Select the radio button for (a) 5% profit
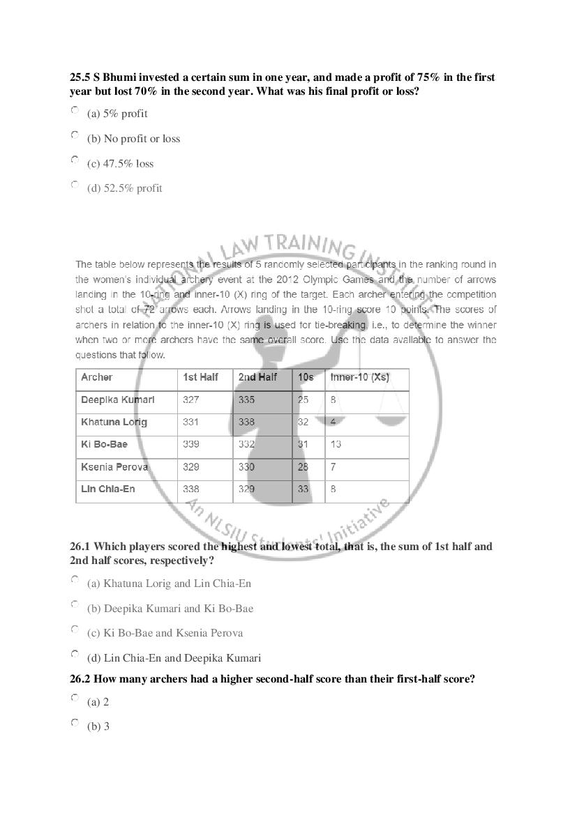[75, 110]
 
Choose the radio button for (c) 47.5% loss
[75, 160]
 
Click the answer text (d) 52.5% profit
[124, 188]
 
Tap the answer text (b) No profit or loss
[133, 139]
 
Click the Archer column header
[96, 377]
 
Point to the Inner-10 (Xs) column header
[359, 377]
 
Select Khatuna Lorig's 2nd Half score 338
[246, 422]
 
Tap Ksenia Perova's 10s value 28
[303, 467]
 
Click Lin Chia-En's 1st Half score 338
[190, 489]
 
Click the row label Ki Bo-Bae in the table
[104, 445]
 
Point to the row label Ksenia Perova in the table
[114, 467]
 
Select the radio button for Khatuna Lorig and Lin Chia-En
[75, 579]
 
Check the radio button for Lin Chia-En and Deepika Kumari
[75, 654]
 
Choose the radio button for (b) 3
[75, 723]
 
